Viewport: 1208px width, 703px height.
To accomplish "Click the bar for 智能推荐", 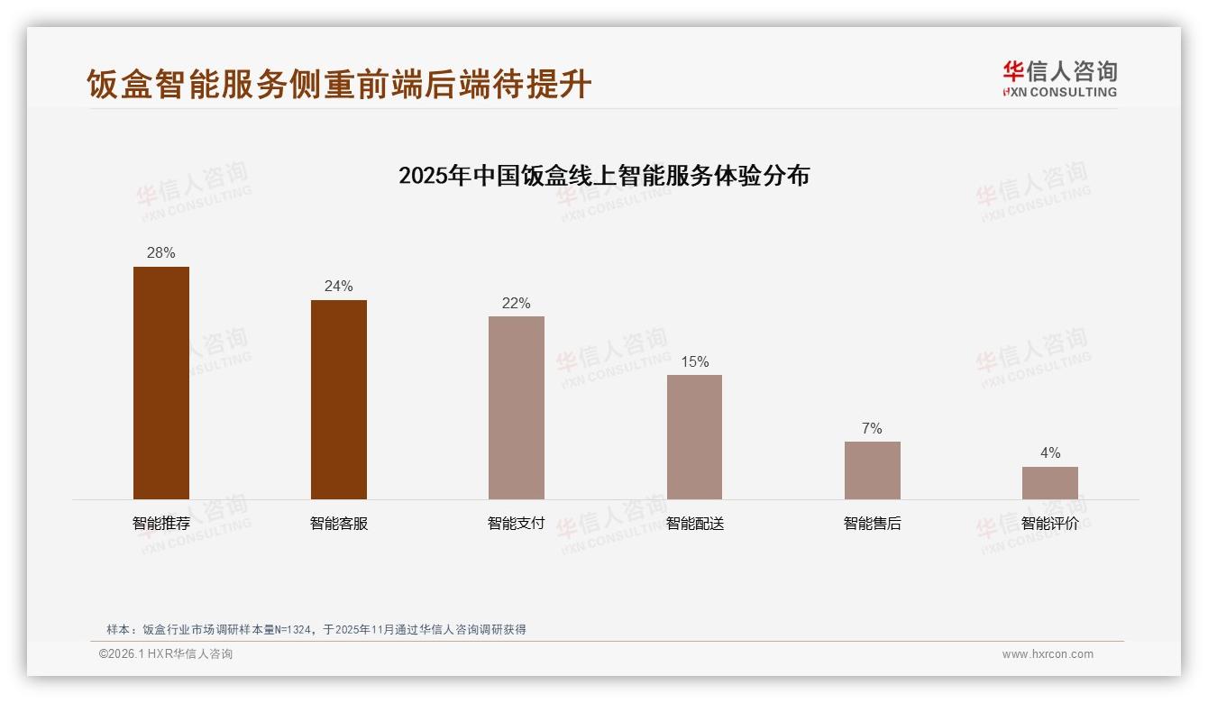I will coord(161,383).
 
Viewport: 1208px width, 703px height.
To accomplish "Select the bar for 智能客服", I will coord(339,399).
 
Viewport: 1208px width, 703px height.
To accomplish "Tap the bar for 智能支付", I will coord(517,407).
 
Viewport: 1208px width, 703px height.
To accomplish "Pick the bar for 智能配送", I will coord(694,437).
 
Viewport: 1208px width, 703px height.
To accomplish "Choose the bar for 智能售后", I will coord(872,470).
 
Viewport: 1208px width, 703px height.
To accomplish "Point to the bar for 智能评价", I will coord(1049,483).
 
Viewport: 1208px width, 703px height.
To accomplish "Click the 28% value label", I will coord(161,253).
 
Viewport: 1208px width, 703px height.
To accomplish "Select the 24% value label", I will coord(339,287).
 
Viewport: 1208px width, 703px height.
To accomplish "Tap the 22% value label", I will coord(517,304).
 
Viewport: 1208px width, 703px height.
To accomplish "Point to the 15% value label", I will coord(694,362).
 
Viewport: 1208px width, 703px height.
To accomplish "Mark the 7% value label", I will coord(872,429).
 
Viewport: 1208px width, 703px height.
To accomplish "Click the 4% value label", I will coord(1049,453).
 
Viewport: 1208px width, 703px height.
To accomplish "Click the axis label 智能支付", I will coord(517,524).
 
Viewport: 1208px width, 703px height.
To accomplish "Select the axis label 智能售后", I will coord(872,524).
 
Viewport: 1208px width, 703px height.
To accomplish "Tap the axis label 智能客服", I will coord(339,524).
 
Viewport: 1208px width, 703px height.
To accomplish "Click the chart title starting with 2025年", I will coord(604,175).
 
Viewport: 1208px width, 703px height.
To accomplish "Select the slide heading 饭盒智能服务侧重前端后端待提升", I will coord(339,84).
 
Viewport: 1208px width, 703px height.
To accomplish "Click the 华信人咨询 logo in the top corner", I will coord(1059,78).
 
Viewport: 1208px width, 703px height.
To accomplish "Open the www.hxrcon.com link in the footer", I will coord(1048,654).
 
